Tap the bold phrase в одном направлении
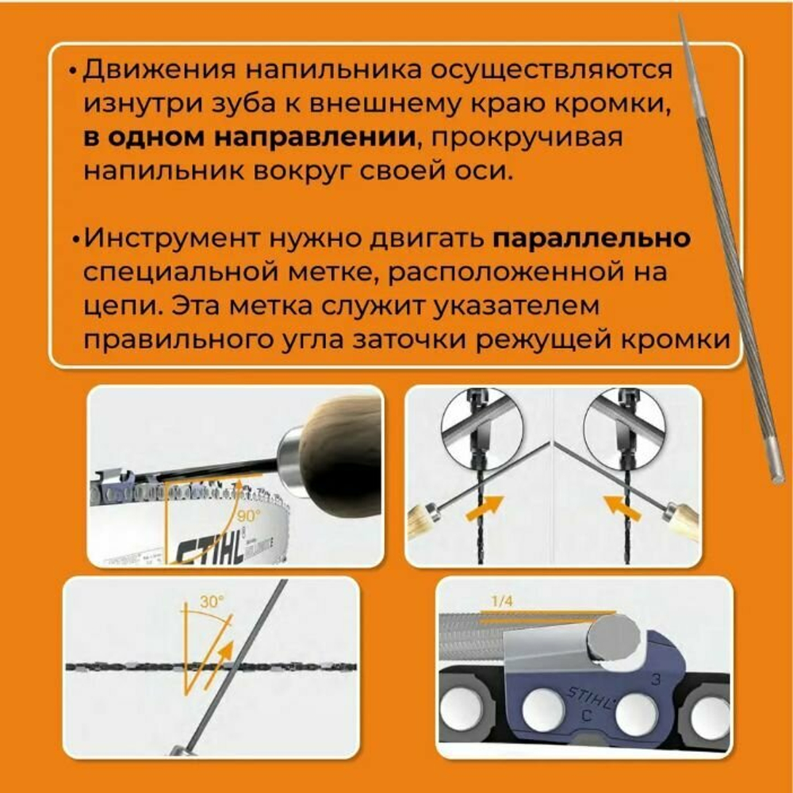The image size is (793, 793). [250, 136]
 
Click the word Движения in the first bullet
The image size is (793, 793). [159, 70]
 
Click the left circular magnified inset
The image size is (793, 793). [481, 427]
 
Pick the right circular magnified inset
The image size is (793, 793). [624, 427]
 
